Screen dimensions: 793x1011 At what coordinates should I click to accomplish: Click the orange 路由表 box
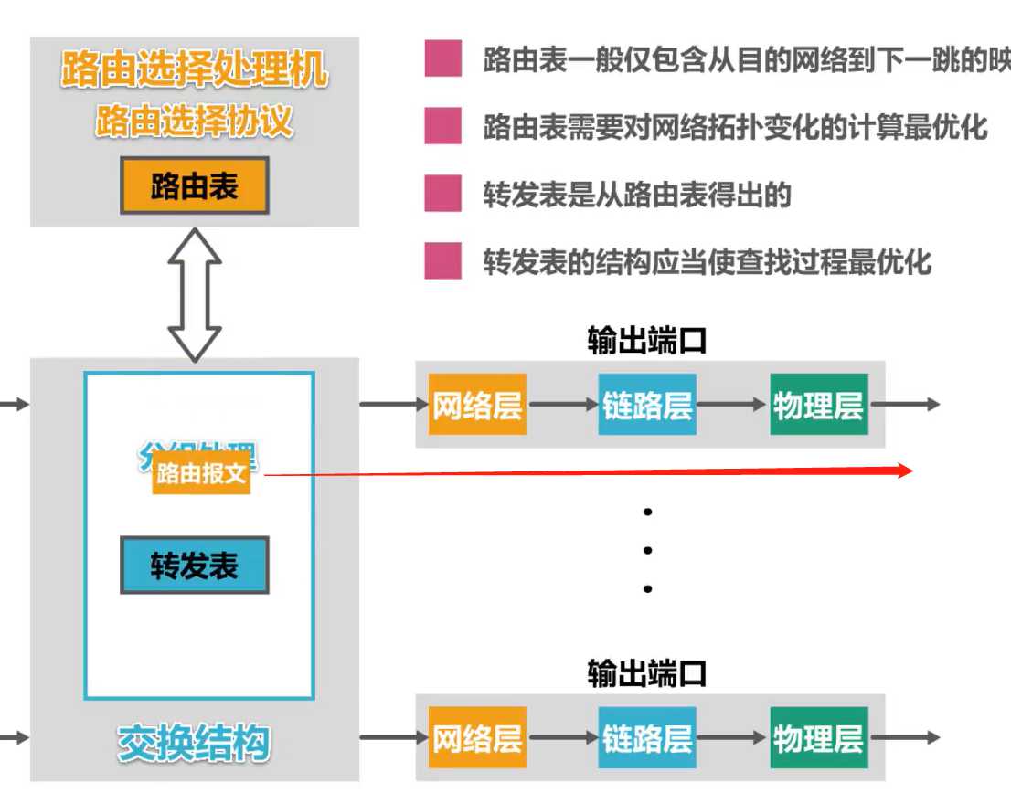point(194,186)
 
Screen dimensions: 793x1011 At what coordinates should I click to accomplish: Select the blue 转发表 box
point(194,566)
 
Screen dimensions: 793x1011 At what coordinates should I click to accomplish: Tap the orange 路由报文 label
point(201,474)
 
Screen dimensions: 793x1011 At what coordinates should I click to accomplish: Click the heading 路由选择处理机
point(194,70)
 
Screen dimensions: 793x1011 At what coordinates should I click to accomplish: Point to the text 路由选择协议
point(194,121)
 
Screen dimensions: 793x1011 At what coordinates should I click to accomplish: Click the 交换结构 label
point(194,742)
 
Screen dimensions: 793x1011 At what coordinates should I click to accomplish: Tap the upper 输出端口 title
point(647,341)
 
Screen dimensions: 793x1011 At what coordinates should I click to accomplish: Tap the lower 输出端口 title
point(647,674)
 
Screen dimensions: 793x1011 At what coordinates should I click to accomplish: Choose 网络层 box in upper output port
point(477,405)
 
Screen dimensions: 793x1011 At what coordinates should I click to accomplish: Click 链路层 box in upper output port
point(647,405)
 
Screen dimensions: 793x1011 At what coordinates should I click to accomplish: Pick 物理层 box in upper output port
point(818,405)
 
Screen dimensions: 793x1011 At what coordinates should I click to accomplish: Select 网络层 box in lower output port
point(477,738)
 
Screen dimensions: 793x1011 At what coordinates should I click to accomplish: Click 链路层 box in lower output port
point(647,738)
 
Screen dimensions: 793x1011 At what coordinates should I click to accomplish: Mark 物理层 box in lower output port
point(818,738)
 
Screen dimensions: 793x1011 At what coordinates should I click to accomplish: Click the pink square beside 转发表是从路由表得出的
point(442,195)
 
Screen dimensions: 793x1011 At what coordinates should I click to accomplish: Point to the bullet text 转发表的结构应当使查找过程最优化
point(708,263)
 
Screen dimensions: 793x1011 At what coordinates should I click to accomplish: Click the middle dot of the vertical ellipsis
point(647,550)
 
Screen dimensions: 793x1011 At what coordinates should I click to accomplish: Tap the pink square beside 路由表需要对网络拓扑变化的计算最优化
point(442,126)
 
